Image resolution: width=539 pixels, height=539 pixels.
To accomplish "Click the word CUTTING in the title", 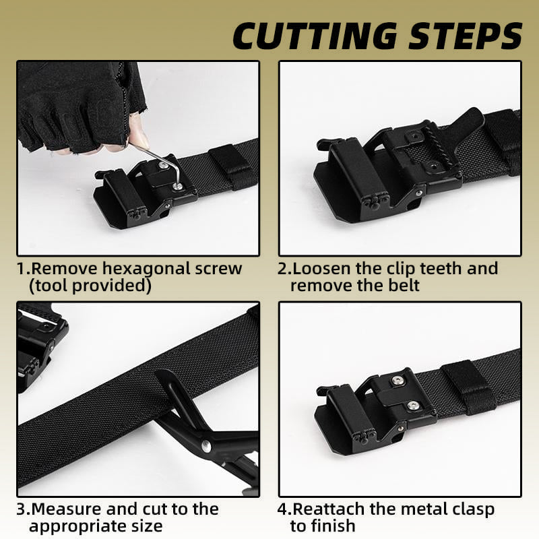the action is coord(315,36).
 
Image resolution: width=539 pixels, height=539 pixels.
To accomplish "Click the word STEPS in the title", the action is coord(466,36).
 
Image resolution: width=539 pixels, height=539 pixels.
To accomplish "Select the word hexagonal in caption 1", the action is coord(148,269).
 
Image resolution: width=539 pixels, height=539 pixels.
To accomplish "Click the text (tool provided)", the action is coord(90,286).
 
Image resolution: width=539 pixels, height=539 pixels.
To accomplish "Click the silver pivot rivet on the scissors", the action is coord(206,446).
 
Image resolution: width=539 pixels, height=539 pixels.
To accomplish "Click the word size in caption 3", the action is coord(145,527).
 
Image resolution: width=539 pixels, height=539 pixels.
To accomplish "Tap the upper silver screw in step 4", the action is coord(398,380).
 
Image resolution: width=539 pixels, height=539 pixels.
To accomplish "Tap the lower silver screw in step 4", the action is coord(413,406).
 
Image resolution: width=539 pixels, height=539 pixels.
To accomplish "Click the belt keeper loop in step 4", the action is coord(469,387).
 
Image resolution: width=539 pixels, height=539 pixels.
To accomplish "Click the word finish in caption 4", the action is coord(334,526).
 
